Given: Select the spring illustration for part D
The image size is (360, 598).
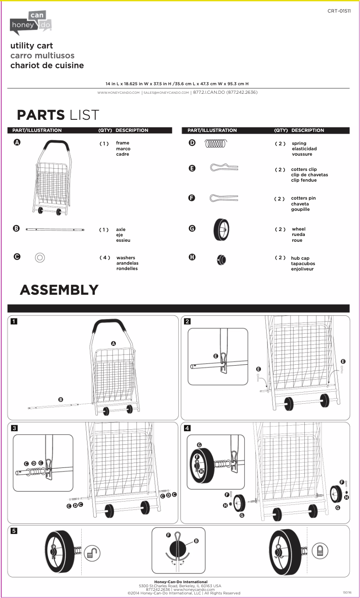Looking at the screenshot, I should pos(216,144).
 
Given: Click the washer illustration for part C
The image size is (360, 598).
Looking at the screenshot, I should pos(40,258).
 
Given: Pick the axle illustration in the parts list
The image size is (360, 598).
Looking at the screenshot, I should pos(55,229).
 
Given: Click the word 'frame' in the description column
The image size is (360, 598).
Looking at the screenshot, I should pos(123,143).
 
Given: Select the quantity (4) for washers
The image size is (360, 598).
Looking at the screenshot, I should pos(105,258).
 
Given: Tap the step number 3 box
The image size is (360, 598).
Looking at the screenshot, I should pos(14,428).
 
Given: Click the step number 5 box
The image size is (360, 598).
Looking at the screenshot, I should pos(14,531).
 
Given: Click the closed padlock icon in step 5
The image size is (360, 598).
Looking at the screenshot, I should pos(320,550).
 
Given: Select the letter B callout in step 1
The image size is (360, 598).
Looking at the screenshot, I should pos(61,399).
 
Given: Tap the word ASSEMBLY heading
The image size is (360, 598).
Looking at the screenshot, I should pos(59,290).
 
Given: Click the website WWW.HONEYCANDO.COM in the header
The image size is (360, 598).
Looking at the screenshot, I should pos(119,93).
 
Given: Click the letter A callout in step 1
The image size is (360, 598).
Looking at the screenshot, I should pos(114,343).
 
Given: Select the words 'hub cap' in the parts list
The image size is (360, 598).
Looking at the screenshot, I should pos(300,258).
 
